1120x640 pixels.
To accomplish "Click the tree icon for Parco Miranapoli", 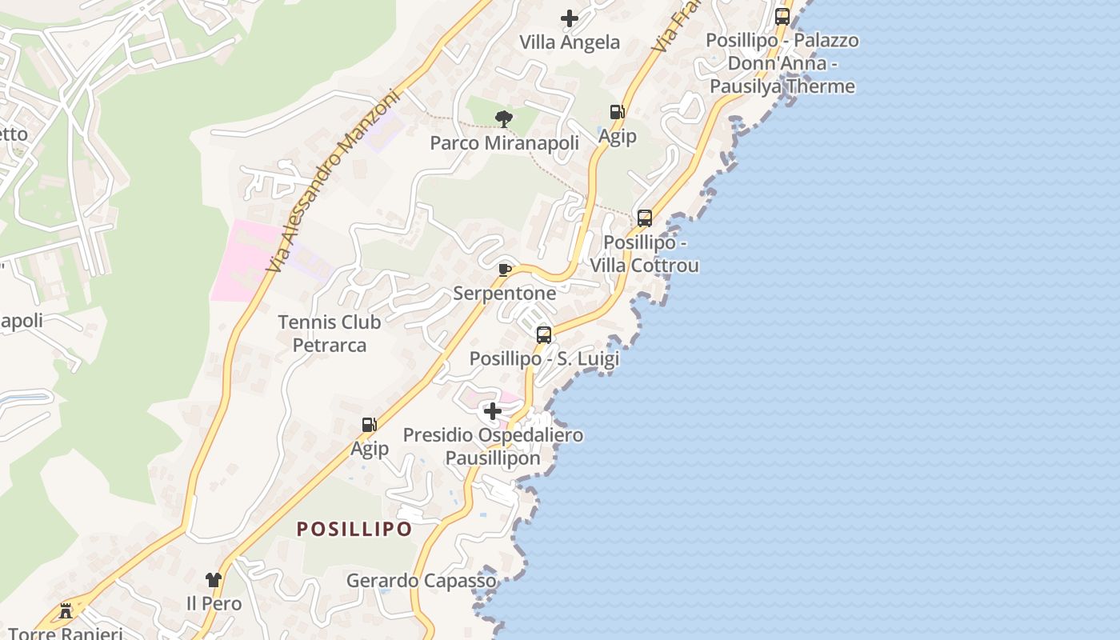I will pos(504,119).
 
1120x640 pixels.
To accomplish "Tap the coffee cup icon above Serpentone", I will pos(504,270).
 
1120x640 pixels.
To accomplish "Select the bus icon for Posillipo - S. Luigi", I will pos(544,335).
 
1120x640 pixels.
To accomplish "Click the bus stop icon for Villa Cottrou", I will pos(645,218).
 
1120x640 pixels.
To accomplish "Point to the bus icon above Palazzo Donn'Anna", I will pos(782,16).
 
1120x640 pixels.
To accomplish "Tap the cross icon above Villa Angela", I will pos(570,18).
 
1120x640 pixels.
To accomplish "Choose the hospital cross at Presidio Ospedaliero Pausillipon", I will pos(493,411).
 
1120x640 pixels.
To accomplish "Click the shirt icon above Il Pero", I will pos(213,579).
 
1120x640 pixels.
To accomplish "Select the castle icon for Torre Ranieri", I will pos(66,611).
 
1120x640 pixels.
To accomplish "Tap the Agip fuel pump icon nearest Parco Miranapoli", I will pos(617,112).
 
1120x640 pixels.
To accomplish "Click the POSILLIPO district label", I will pos(354,529).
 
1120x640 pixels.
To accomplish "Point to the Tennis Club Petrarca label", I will pos(329,334).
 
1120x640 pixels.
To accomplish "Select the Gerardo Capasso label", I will pos(421,581).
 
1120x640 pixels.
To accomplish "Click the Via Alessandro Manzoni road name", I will pos(333,180).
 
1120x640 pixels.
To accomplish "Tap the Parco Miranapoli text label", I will pos(504,143).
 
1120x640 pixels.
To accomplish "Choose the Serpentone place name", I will pos(504,294).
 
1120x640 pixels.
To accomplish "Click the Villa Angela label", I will pos(570,42).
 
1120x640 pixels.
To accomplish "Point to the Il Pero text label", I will pos(214,603).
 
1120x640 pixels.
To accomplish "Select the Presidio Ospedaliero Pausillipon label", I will pos(493,446).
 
